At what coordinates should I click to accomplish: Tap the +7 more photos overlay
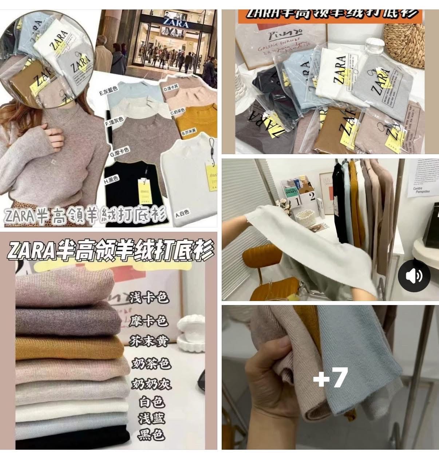pos(331,378)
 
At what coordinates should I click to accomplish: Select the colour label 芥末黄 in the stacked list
pos(149,341)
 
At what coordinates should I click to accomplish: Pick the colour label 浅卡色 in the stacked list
pos(149,298)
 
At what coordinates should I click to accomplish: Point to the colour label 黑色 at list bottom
pos(151,435)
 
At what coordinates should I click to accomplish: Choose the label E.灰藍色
pos(108,93)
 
